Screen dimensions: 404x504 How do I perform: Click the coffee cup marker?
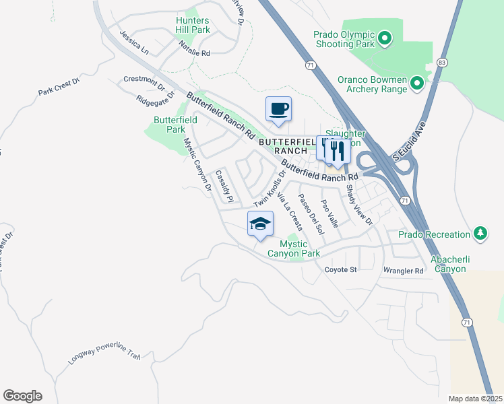278,109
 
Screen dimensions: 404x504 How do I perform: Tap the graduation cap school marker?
260,224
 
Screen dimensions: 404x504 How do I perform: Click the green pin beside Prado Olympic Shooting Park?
385,38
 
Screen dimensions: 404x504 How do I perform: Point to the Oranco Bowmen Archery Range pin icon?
416,83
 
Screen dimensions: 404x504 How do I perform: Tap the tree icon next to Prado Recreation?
480,234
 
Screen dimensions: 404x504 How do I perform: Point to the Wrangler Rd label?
403,271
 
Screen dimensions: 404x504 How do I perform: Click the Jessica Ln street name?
132,40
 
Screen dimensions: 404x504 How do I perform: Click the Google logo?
22,396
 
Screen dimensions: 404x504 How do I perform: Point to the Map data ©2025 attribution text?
475,399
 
